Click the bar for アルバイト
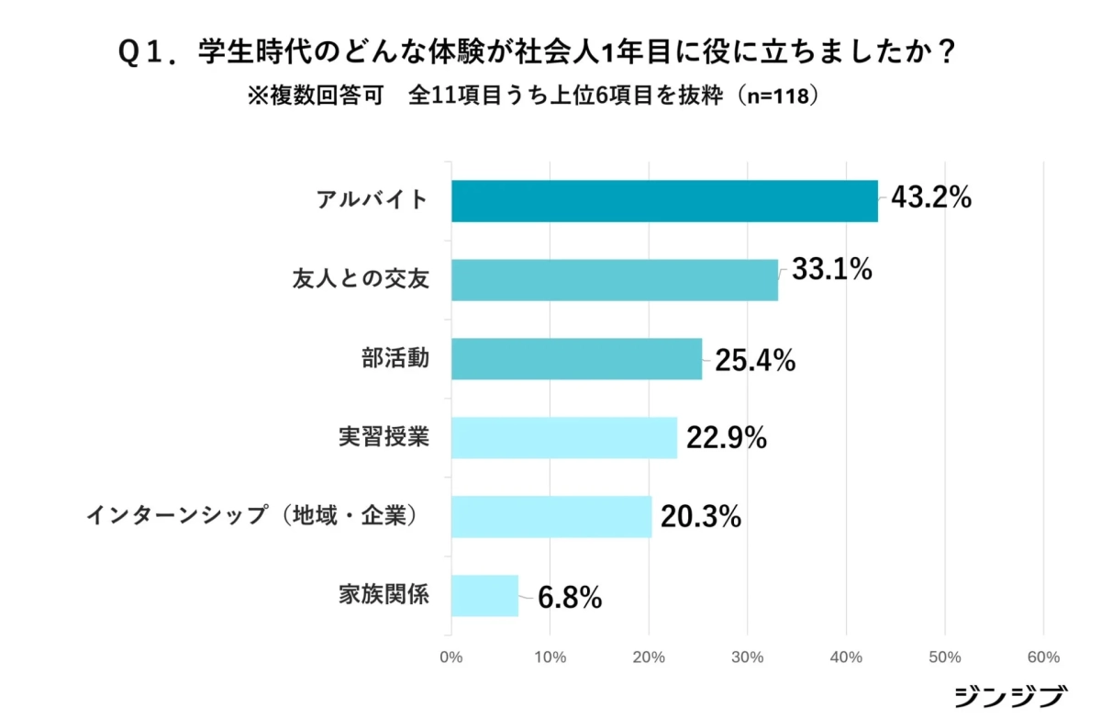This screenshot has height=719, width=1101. click(x=664, y=201)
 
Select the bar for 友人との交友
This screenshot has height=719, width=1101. click(x=615, y=280)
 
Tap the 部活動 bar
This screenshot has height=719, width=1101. click(x=576, y=359)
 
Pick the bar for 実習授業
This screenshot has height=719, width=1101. click(x=564, y=438)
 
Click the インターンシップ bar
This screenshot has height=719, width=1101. click(x=551, y=517)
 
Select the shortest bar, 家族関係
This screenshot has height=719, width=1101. click(x=485, y=596)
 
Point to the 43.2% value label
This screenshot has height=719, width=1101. click(x=930, y=198)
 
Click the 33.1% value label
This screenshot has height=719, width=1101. click(x=830, y=271)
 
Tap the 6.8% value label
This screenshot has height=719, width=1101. click(x=570, y=599)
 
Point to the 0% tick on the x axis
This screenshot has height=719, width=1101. click(x=450, y=657)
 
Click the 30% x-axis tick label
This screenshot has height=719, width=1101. click(x=748, y=657)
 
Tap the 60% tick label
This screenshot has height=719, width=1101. click(x=1044, y=657)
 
